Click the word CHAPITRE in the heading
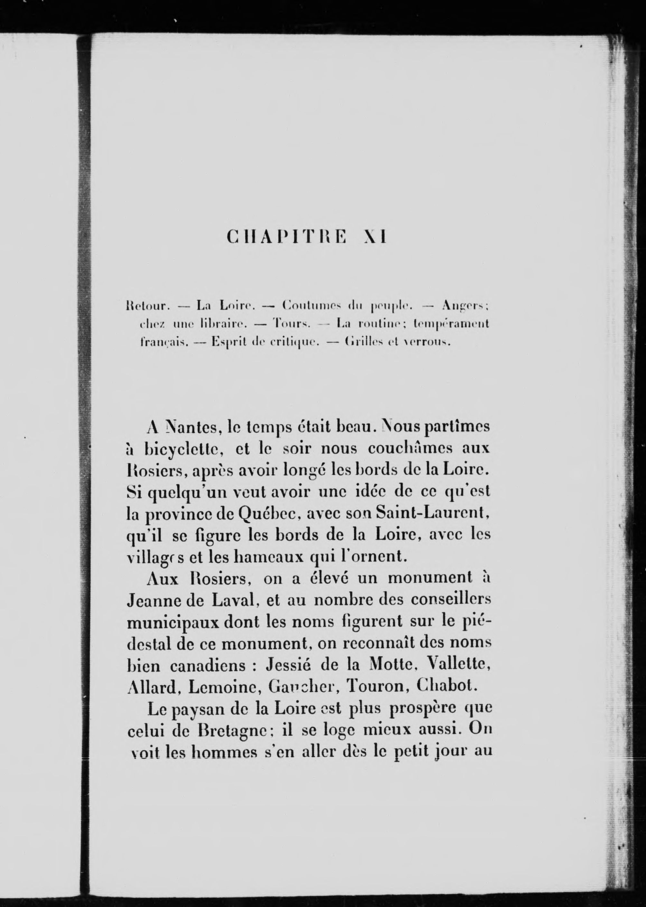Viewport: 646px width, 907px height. [x=287, y=238]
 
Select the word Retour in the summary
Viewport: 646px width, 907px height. [x=147, y=306]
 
